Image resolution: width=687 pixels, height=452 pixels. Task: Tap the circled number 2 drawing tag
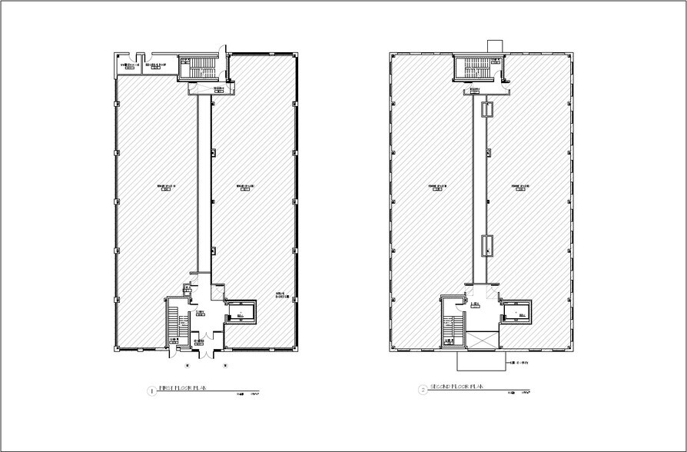click(422, 390)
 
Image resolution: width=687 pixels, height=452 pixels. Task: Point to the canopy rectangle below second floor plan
click(480, 361)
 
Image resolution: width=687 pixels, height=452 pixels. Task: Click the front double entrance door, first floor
click(207, 350)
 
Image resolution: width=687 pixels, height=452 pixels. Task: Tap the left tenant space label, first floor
click(161, 187)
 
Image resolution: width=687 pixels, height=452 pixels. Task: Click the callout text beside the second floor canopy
click(520, 362)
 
